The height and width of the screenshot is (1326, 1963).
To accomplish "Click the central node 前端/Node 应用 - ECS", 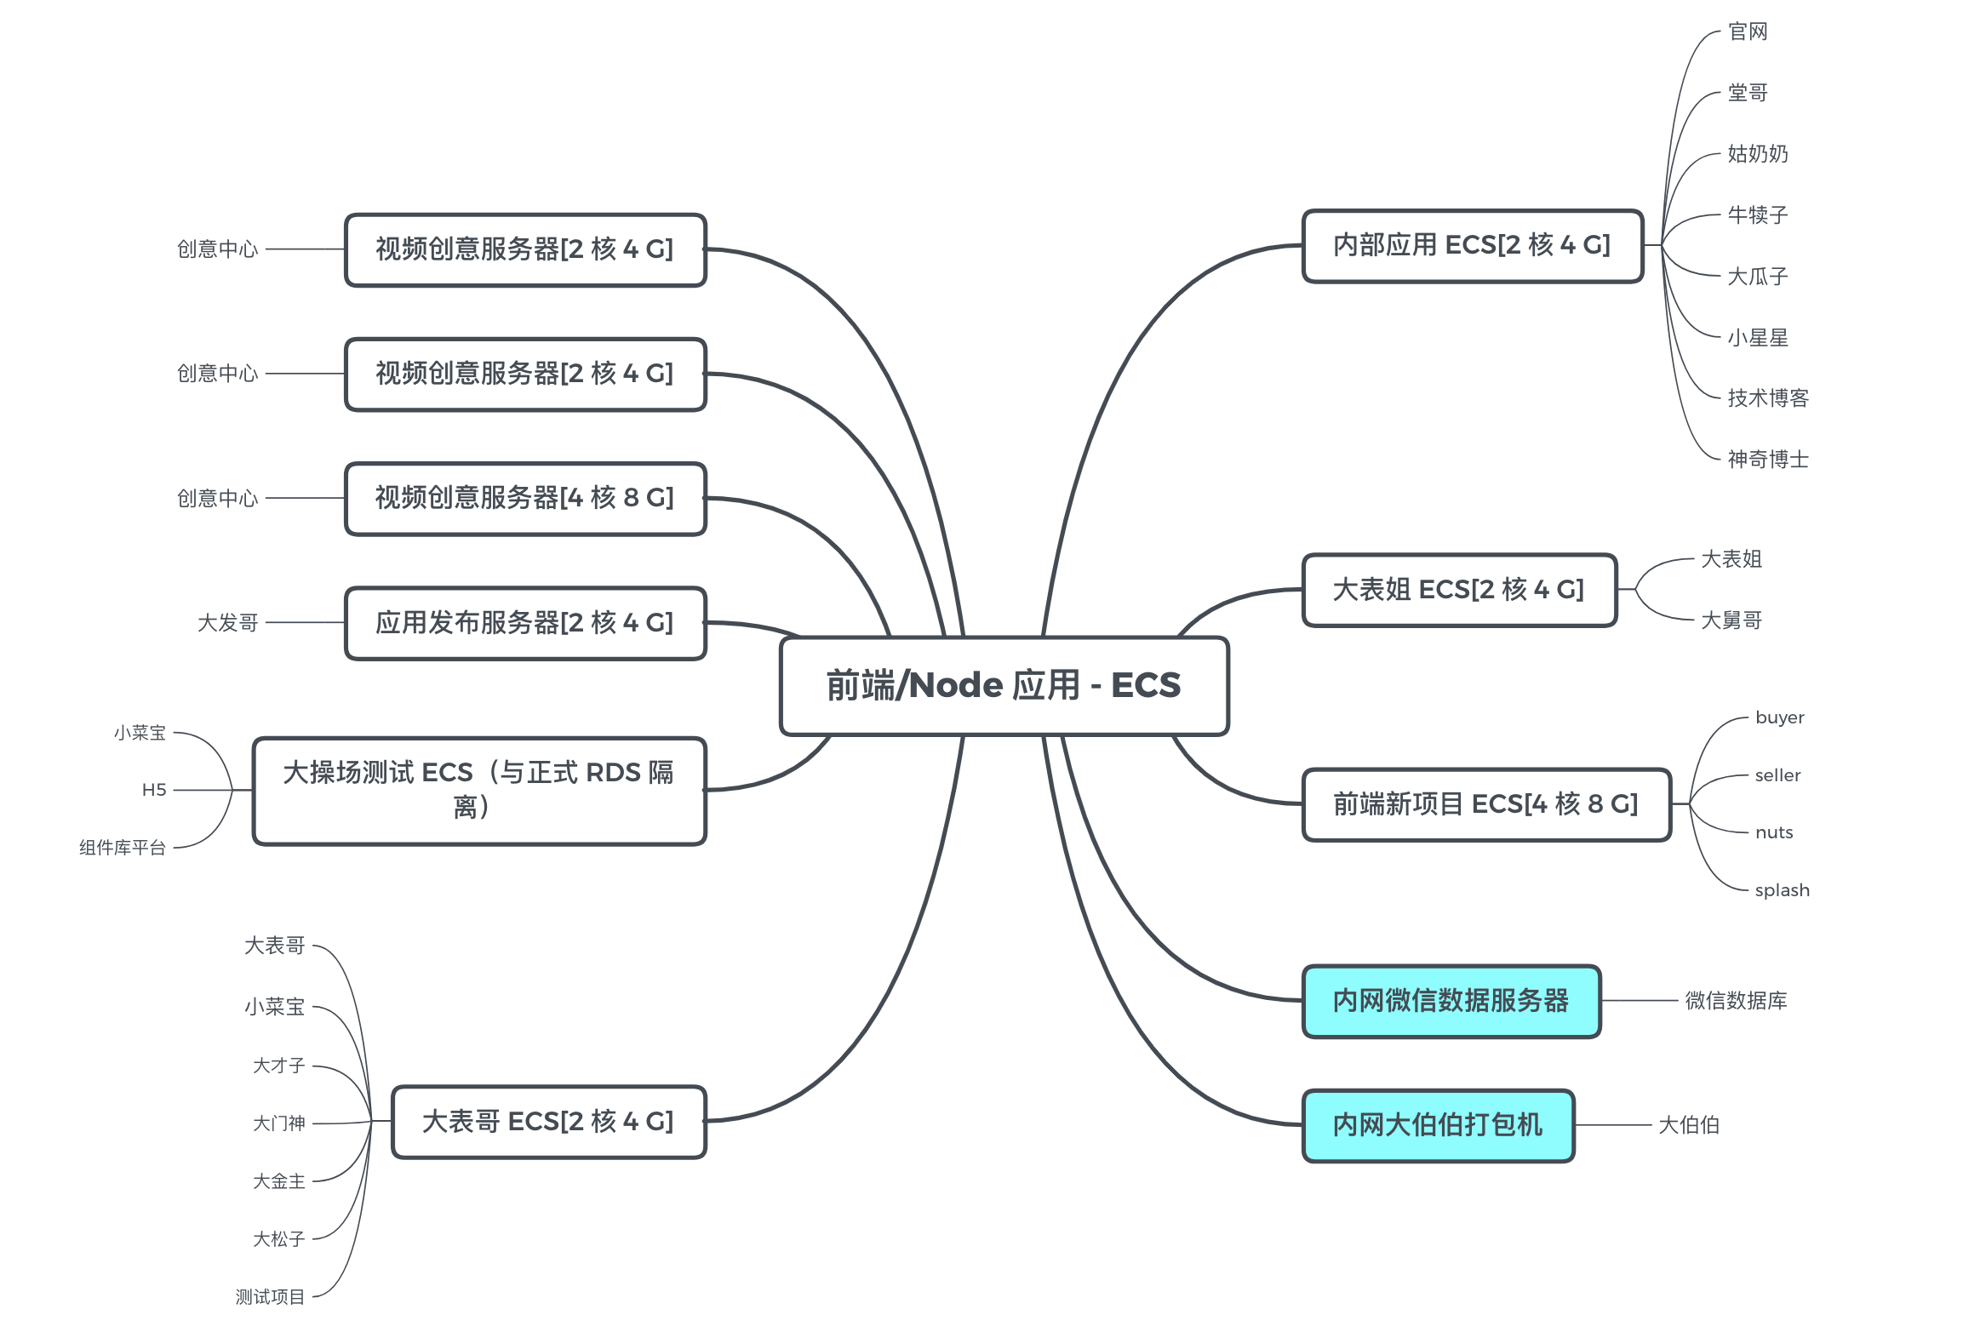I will tap(1004, 685).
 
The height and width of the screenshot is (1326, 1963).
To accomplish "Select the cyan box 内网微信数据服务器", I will tap(1451, 1001).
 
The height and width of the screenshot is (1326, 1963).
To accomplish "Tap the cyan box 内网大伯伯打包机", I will tap(1438, 1125).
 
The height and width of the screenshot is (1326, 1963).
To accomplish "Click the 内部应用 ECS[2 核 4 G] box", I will tap(1472, 245).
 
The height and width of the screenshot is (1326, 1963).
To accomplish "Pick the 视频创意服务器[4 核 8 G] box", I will tap(525, 498).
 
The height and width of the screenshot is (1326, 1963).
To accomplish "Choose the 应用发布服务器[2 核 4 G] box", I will tap(525, 623).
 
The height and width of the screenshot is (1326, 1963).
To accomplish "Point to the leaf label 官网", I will tap(1748, 31).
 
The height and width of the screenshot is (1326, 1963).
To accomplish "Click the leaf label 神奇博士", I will tap(1767, 460).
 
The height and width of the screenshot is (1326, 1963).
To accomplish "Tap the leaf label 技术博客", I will tap(1767, 398).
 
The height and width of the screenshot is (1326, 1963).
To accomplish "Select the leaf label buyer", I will tap(1779, 717).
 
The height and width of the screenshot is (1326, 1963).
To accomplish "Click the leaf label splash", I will tap(1782, 890).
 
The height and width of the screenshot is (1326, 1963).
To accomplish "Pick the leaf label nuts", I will tap(1774, 832).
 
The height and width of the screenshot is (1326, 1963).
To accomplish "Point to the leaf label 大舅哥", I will tap(1731, 620).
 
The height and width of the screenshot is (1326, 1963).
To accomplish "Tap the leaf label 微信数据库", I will tap(1736, 1001).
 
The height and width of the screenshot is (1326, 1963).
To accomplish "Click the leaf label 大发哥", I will tap(227, 623).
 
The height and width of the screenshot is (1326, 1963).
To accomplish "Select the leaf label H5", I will tap(154, 790).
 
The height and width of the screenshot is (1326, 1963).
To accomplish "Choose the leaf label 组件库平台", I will tap(123, 848).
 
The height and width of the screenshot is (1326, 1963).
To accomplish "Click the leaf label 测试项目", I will tap(270, 1297).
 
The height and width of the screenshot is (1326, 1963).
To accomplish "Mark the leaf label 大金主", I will tap(278, 1181).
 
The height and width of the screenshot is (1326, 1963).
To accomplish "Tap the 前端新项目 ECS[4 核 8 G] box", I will tap(1485, 804).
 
